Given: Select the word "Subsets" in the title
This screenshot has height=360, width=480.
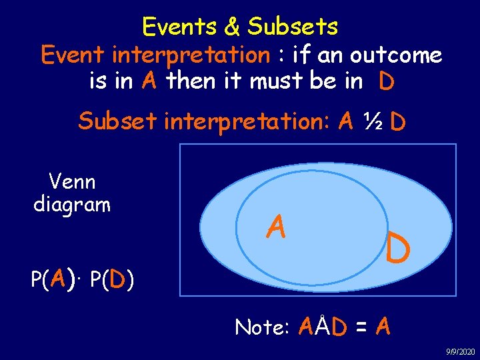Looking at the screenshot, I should click(x=293, y=27).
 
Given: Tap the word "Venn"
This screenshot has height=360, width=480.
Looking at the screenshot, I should click(x=72, y=181).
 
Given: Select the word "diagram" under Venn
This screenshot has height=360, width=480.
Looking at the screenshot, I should click(x=72, y=204).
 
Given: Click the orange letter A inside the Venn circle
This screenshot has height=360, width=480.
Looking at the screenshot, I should click(x=276, y=228).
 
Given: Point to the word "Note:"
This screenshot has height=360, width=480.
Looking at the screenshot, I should click(x=262, y=327).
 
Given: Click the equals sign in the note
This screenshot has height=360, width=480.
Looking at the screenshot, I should click(x=361, y=327).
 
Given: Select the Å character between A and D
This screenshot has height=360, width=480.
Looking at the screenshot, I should click(x=323, y=326).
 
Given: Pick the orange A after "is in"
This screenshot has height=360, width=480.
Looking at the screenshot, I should click(x=149, y=81).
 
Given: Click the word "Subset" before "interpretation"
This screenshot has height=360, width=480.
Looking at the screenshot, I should click(x=118, y=122).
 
